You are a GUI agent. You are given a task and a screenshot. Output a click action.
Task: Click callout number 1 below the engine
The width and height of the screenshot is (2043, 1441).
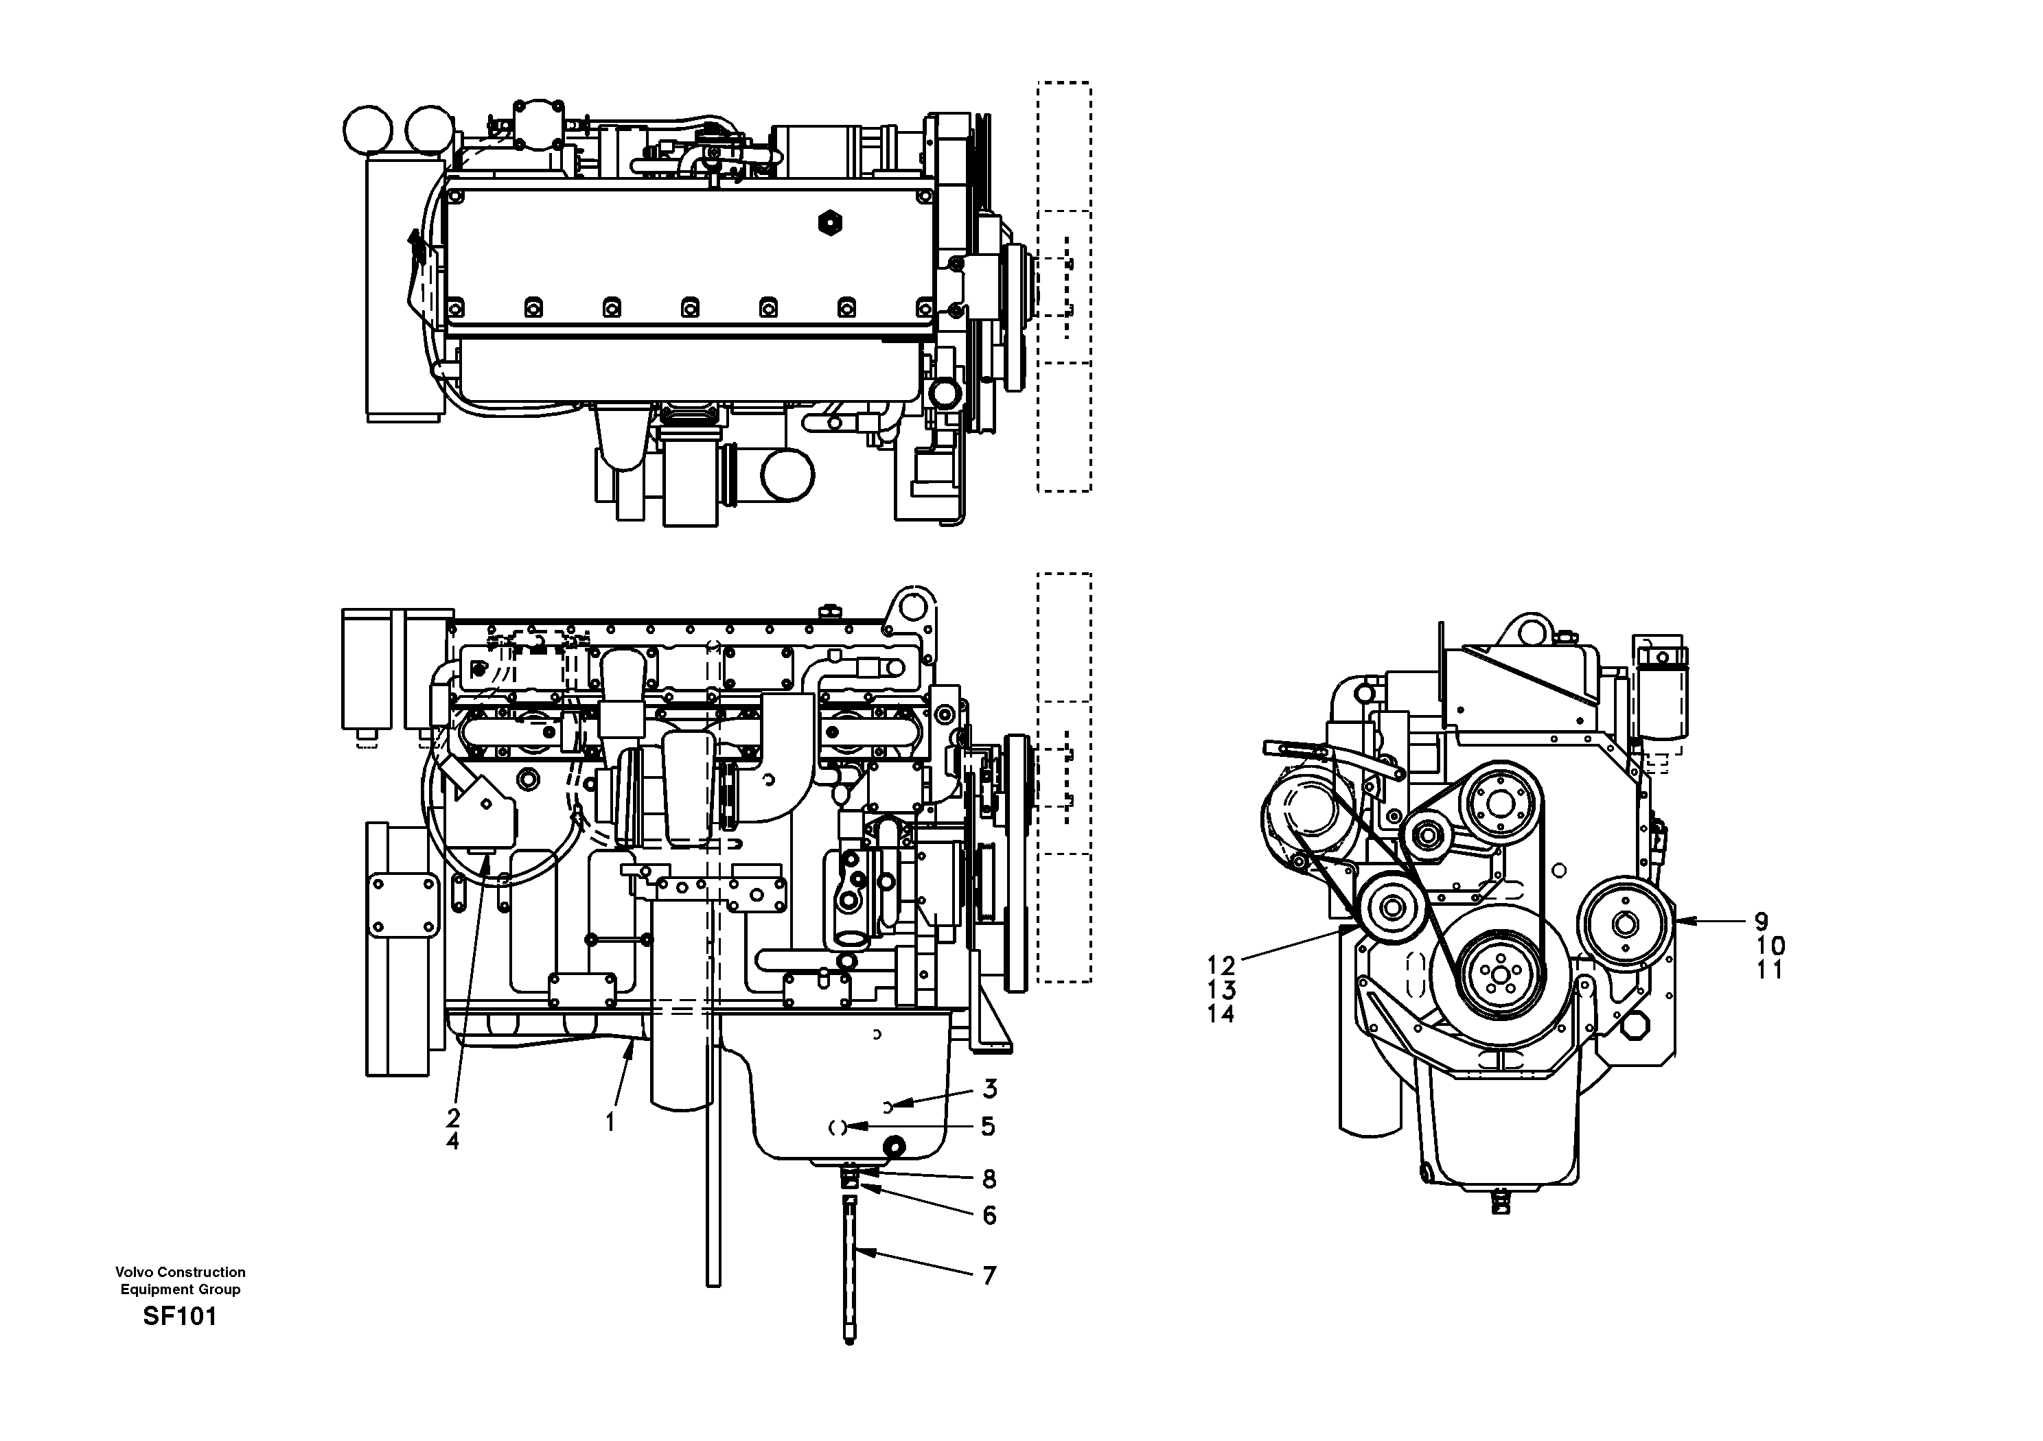click(610, 1123)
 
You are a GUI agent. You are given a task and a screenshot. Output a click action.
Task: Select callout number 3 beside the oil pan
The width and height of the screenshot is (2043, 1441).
click(989, 1089)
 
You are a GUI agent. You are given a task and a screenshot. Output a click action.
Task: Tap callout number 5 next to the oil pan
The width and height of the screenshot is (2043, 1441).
click(988, 1127)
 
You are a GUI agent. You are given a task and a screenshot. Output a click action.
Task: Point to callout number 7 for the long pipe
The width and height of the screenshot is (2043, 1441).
click(989, 1276)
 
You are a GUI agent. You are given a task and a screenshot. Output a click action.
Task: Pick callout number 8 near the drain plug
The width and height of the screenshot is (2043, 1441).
click(989, 1180)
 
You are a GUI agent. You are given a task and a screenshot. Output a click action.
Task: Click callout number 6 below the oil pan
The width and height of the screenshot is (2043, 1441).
click(989, 1216)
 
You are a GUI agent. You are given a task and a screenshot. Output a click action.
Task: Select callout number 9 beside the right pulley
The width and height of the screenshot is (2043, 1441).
click(1761, 922)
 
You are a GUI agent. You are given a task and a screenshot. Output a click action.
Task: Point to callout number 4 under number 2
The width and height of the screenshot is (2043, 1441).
click(453, 1141)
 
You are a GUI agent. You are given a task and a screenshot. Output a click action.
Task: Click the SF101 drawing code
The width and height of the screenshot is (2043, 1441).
click(180, 1317)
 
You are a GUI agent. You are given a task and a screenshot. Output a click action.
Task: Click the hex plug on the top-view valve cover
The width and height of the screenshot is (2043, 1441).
click(829, 222)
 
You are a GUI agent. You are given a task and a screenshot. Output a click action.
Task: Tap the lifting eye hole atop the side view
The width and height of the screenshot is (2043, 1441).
click(913, 607)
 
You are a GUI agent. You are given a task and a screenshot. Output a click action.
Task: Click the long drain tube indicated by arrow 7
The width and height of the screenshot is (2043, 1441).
click(850, 1272)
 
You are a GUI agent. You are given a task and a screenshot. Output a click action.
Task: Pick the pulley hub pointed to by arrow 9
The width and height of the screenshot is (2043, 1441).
click(1625, 924)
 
